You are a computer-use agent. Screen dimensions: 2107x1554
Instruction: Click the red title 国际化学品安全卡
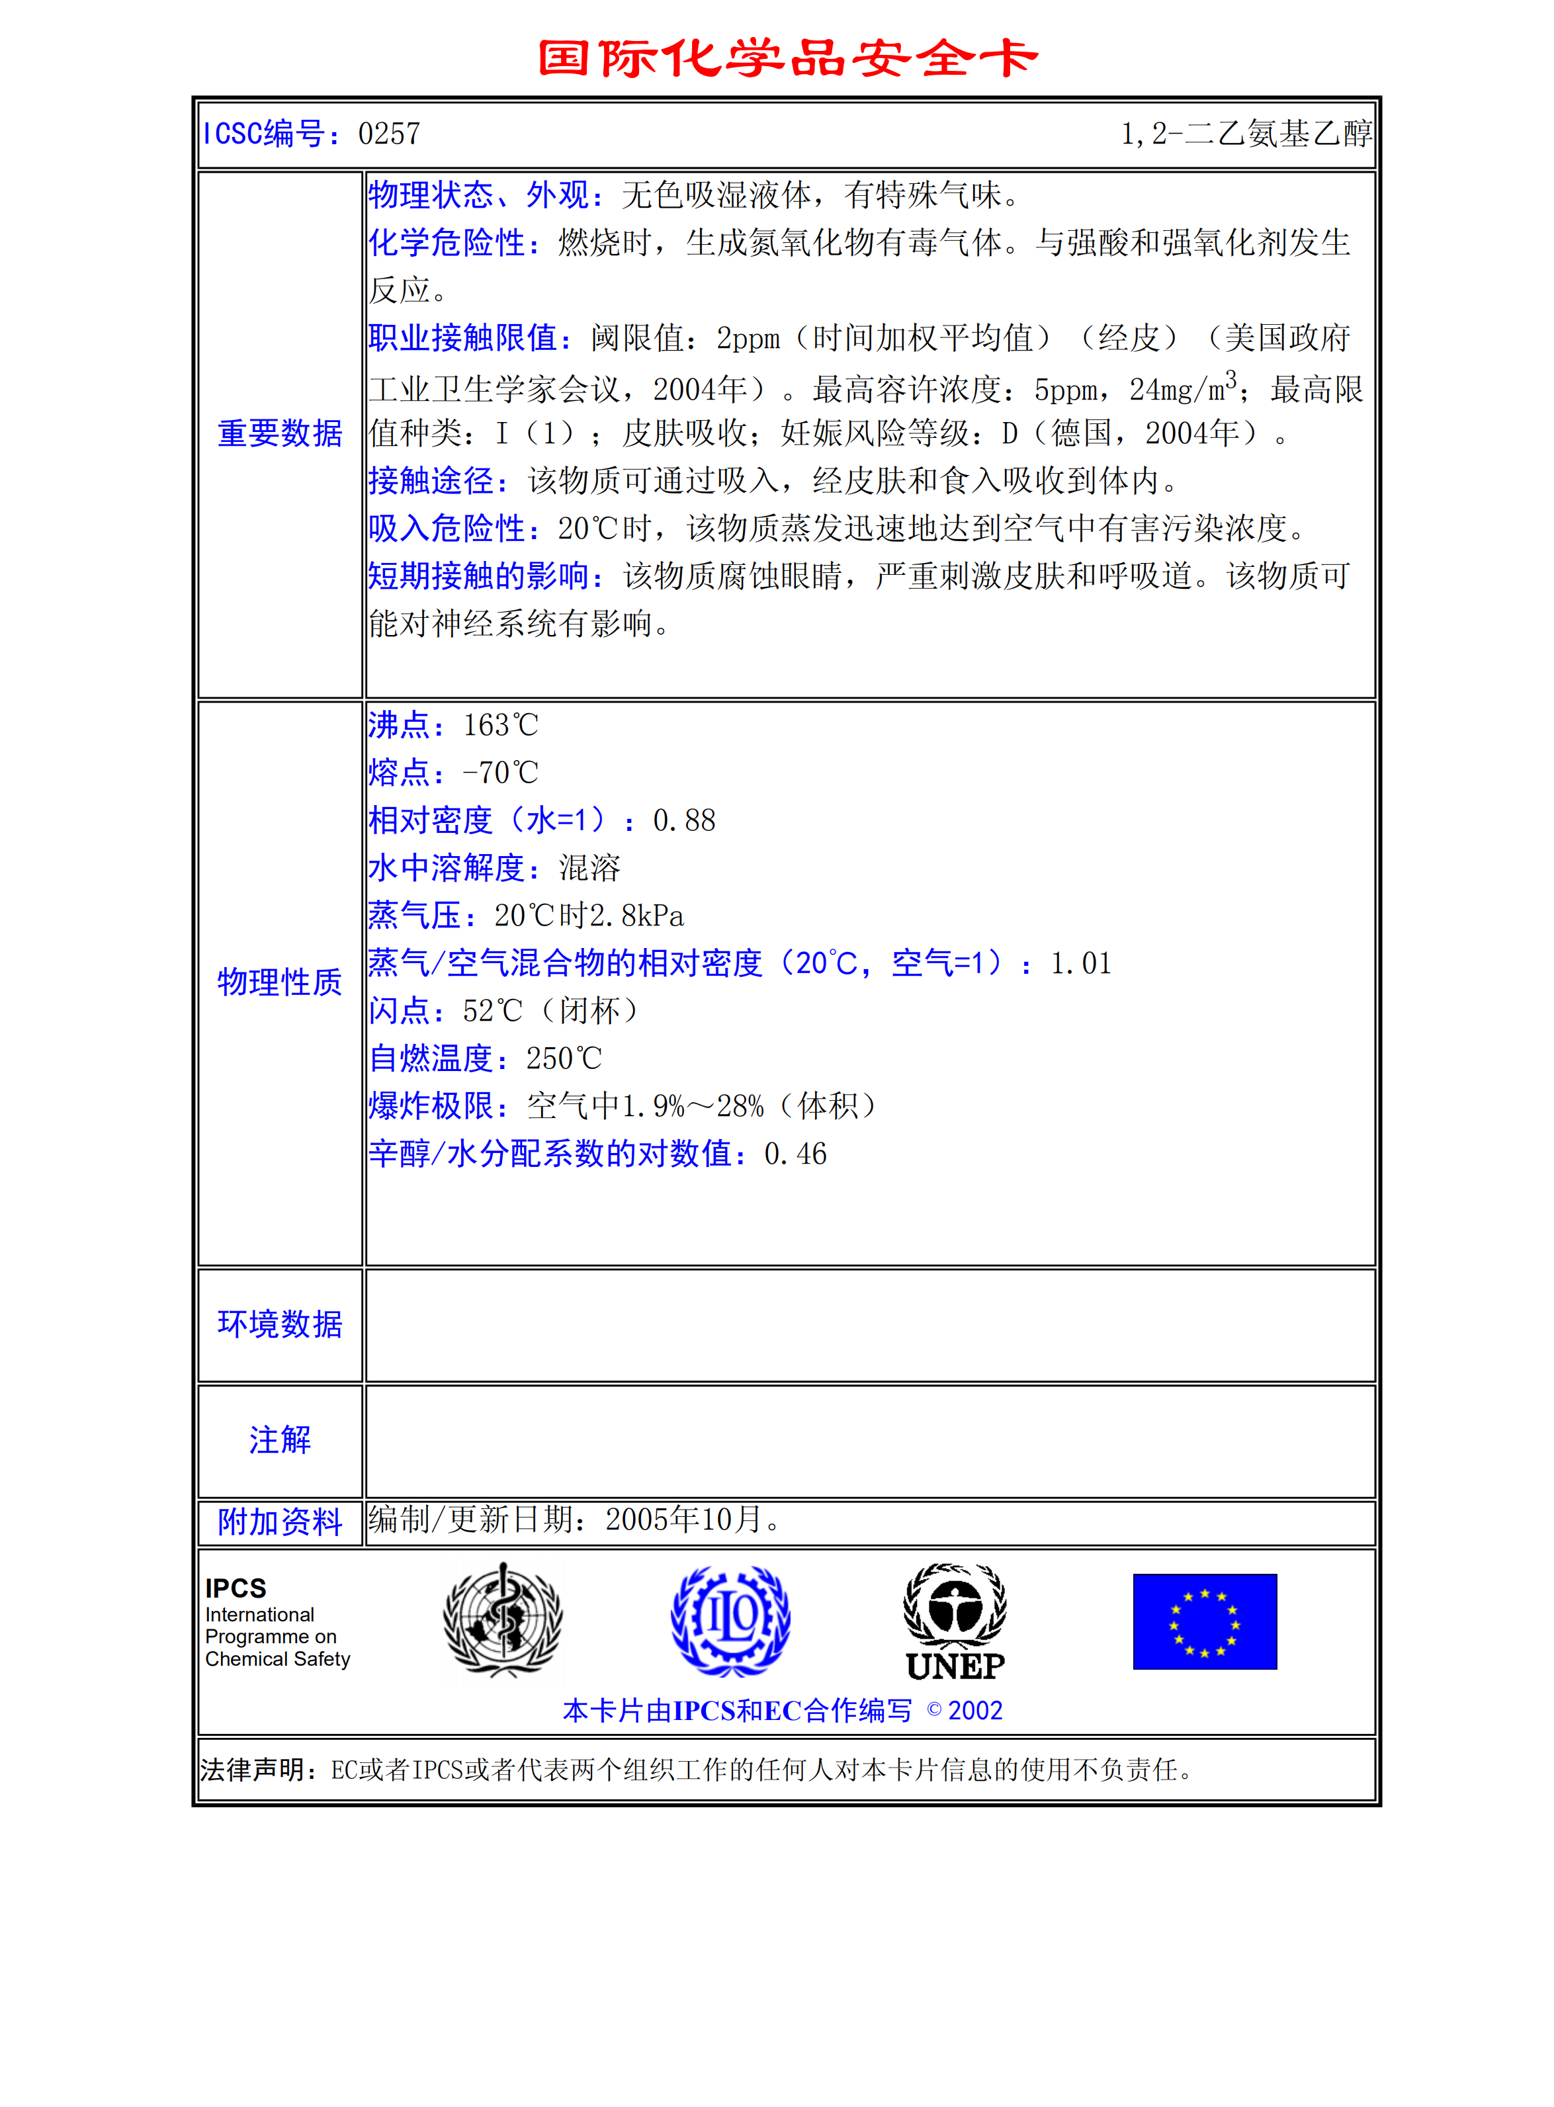click(787, 58)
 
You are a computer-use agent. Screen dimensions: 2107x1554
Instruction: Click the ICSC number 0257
click(388, 134)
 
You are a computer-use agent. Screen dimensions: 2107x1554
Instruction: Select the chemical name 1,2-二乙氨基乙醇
click(1246, 134)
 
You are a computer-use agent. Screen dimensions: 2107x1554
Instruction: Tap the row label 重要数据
click(279, 433)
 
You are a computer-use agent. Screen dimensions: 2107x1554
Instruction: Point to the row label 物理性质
click(279, 982)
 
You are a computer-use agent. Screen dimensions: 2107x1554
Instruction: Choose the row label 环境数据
click(279, 1324)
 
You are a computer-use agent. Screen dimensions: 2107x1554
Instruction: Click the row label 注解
click(279, 1440)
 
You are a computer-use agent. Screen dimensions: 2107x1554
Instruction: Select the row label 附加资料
click(279, 1522)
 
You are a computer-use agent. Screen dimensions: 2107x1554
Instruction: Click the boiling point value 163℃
click(500, 725)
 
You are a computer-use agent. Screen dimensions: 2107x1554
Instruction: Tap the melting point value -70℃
click(500, 773)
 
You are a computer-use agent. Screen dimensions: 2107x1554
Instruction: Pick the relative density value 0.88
click(684, 821)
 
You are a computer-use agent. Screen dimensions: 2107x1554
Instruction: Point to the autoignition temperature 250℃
click(564, 1059)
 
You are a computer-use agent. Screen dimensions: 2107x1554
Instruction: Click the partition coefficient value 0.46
click(795, 1154)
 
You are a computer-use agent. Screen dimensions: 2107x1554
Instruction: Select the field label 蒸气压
click(414, 916)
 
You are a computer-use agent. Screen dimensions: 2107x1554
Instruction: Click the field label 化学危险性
click(446, 243)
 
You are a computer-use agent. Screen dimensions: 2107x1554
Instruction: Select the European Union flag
click(1204, 1621)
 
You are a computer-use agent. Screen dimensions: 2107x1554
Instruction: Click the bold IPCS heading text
click(236, 1589)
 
